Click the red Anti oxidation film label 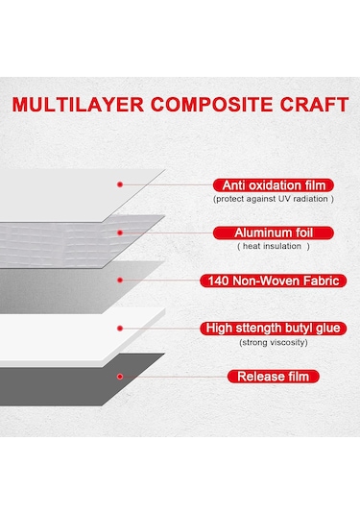[273, 184]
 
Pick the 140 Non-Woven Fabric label [273, 281]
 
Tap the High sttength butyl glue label [274, 328]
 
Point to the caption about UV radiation [274, 199]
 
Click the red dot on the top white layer [119, 184]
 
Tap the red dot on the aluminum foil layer [119, 232]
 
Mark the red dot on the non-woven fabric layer [119, 280]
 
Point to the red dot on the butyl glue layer [119, 328]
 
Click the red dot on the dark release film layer [119, 376]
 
